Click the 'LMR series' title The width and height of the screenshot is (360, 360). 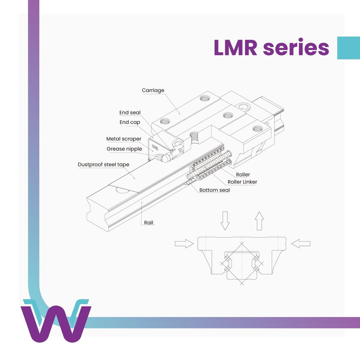[x=271, y=48]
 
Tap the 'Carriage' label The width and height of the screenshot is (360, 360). [x=153, y=90]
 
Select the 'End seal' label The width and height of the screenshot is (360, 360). [x=130, y=112]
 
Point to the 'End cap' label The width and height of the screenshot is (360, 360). [x=130, y=122]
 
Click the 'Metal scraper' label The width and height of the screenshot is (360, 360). [x=124, y=139]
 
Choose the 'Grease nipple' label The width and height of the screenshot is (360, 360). [x=124, y=149]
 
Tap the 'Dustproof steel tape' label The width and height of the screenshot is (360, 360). [x=103, y=164]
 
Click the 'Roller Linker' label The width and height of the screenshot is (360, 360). [x=242, y=182]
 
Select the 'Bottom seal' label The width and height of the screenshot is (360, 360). [x=214, y=190]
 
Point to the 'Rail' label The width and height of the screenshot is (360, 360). [x=148, y=223]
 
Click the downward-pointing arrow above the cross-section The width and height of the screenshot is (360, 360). [x=225, y=220]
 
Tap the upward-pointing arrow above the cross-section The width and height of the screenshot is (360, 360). [x=259, y=220]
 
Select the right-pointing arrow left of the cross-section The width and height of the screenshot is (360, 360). [x=184, y=243]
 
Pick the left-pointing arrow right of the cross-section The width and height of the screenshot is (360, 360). [x=301, y=243]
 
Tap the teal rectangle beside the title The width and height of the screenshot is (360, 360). [x=348, y=48]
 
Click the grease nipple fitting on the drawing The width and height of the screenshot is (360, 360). [x=164, y=157]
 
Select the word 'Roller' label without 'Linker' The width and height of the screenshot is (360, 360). [x=243, y=174]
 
